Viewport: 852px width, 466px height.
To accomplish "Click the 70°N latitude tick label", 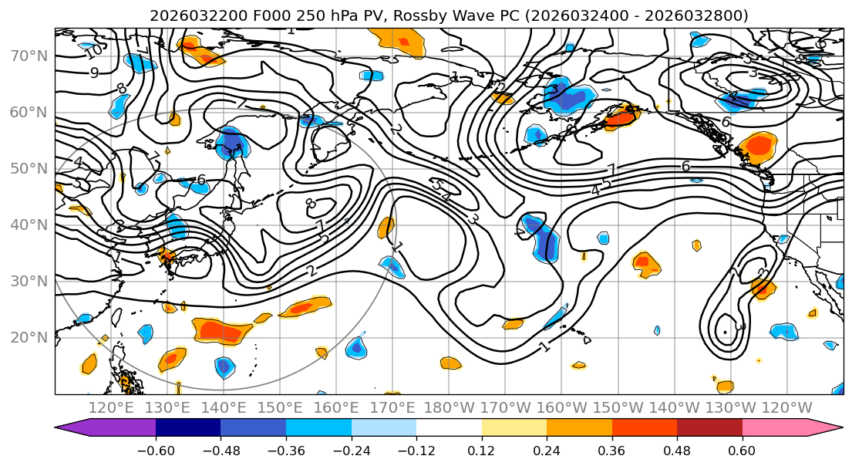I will click(x=29, y=56).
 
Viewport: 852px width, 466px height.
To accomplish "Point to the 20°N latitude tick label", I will click(x=29, y=337).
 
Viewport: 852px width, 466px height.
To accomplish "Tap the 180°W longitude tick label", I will click(x=450, y=407).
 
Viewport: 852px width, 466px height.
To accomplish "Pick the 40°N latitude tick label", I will click(x=29, y=225).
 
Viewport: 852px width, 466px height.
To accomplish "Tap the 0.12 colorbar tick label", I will click(x=482, y=449).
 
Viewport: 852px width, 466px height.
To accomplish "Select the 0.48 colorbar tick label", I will click(x=677, y=449).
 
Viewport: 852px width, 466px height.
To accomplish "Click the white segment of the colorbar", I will click(x=449, y=427).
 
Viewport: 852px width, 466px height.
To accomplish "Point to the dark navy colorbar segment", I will click(x=188, y=427).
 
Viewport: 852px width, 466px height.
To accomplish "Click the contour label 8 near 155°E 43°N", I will click(x=310, y=204).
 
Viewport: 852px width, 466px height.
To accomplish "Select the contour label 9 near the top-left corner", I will click(x=94, y=73).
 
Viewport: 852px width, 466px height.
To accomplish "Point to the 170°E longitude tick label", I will click(x=392, y=407).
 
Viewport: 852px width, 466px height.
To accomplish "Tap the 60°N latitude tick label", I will click(x=29, y=113).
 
